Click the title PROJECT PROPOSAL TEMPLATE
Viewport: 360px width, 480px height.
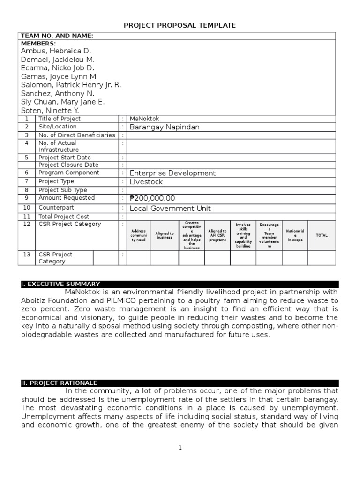[x=180, y=25]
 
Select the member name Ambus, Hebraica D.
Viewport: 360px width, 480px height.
[x=56, y=51]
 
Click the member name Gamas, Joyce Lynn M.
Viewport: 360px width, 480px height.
[x=59, y=76]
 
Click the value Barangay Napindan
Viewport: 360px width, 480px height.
[x=164, y=127]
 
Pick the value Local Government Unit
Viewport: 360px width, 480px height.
[x=170, y=208]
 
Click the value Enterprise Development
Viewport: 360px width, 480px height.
[x=172, y=173]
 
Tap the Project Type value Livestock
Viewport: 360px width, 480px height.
[x=146, y=182]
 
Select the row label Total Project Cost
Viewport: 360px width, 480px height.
[x=64, y=217]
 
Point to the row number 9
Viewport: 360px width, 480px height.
[x=27, y=198]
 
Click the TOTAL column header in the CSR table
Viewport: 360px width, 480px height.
[x=322, y=235]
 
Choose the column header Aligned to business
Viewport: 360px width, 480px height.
[x=165, y=235]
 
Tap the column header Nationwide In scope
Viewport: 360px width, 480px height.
[x=295, y=235]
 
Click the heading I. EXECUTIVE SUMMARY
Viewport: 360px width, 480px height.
[x=60, y=284]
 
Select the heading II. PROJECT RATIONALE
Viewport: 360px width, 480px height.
[x=59, y=383]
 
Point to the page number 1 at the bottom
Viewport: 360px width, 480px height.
[x=180, y=448]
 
